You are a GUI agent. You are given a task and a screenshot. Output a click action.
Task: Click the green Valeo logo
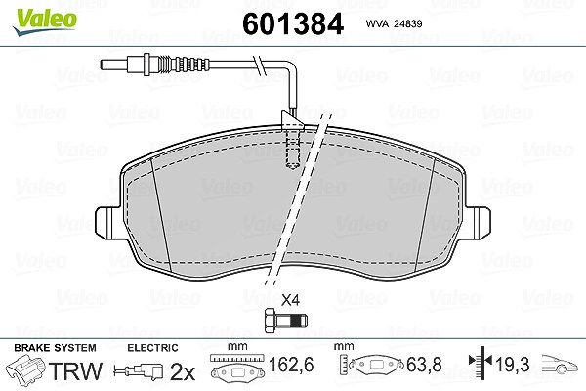pos(45,22)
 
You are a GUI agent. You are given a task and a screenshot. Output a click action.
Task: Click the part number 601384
pos(293,23)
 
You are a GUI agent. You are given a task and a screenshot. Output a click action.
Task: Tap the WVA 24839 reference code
pos(394,23)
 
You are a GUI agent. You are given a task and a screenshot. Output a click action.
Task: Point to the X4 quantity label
pos(290,300)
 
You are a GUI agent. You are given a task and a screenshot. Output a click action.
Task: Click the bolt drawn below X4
pos(286,321)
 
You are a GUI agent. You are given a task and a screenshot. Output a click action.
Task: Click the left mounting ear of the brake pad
pos(108,223)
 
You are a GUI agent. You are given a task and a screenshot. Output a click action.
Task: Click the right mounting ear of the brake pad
pos(478,223)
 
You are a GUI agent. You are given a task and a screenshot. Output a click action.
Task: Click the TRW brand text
pos(76,370)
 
